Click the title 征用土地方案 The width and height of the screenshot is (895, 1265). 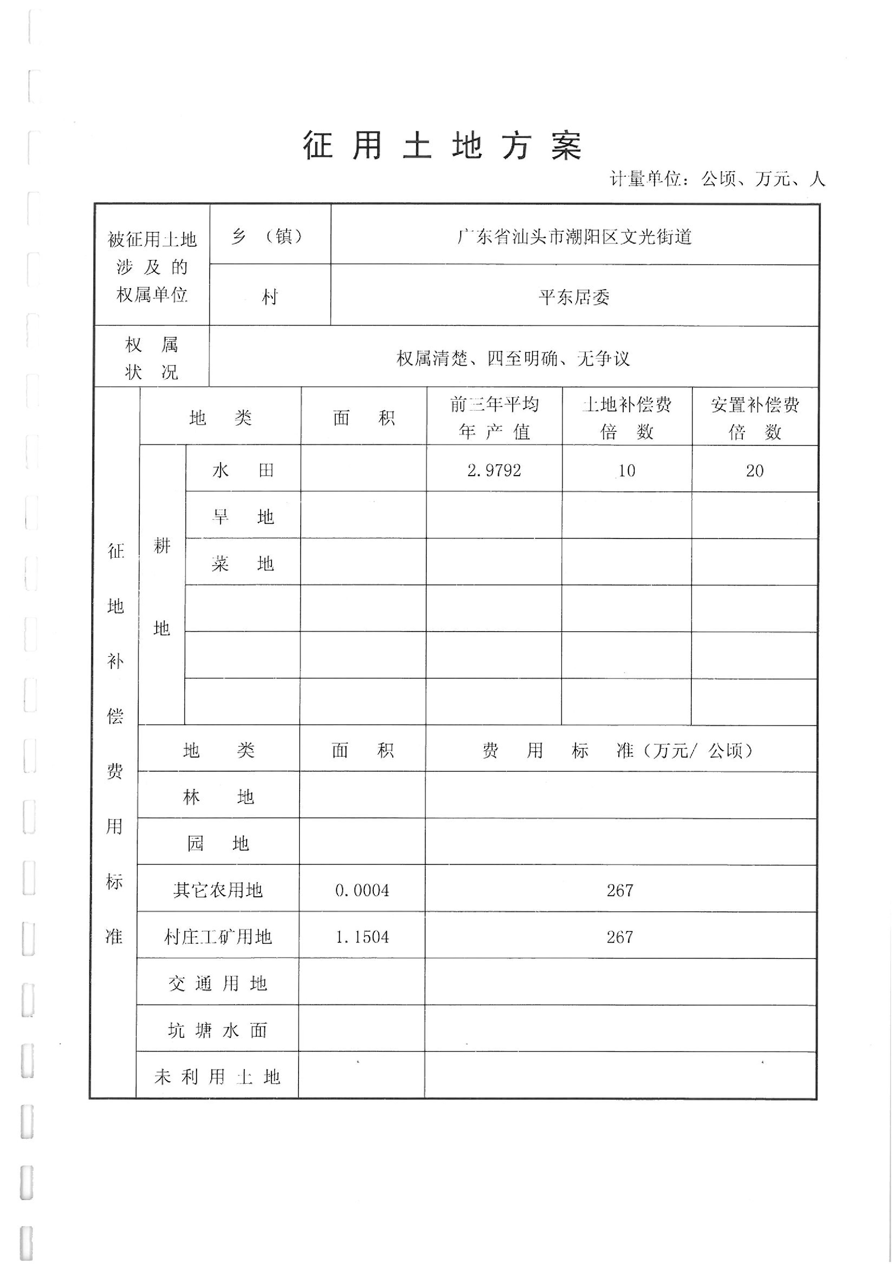442,146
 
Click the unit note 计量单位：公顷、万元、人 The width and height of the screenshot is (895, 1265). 717,179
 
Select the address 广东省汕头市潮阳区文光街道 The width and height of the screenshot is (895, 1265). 574,237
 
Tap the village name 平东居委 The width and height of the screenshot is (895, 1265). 574,298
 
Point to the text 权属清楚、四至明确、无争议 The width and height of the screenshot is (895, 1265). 513,359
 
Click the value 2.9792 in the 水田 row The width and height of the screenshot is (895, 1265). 494,470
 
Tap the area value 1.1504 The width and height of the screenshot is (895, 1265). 362,937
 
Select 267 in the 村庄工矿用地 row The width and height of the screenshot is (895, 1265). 620,937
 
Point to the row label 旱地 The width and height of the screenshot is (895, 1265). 243,517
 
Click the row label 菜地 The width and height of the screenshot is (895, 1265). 243,564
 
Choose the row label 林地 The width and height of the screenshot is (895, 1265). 218,797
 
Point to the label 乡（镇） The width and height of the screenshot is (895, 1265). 270,237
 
